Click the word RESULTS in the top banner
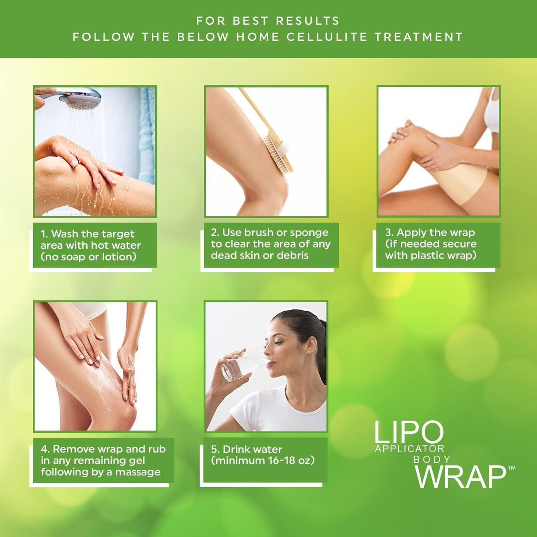pos(307,21)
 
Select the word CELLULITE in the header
pos(327,37)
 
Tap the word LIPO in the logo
pos(408,432)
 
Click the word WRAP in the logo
pos(460,477)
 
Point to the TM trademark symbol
pos(511,468)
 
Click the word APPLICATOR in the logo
pos(410,449)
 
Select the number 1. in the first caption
pos(44,234)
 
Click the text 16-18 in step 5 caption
pos(281,460)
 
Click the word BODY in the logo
pos(432,459)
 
